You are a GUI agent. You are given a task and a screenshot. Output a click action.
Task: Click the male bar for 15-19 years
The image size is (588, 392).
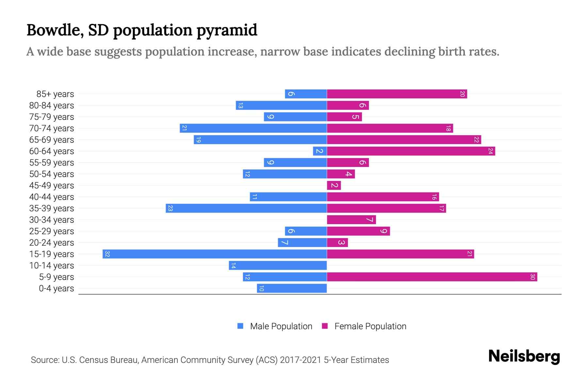coord(215,254)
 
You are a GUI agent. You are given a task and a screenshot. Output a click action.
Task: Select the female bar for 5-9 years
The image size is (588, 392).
coord(432,277)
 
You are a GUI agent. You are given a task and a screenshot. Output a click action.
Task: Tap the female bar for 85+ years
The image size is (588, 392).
coord(397,94)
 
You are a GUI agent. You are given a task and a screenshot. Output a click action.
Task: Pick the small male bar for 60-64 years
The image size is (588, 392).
coord(320,151)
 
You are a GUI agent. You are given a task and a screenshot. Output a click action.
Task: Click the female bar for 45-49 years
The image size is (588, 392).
coord(334,186)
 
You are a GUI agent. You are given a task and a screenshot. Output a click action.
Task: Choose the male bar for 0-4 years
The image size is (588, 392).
coord(292,288)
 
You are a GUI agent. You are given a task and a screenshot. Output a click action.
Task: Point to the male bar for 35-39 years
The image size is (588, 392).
coord(246,208)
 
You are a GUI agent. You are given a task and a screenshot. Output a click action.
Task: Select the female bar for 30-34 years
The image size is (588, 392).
coord(351,220)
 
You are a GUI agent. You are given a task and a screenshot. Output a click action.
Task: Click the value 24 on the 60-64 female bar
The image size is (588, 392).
coord(490,151)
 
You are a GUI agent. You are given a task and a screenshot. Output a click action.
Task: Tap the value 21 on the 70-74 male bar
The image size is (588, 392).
coord(184,128)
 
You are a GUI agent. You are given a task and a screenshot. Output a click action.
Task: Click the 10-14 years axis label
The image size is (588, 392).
coord(52,266)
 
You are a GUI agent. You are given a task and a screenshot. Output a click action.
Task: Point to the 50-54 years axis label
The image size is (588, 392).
coord(52,174)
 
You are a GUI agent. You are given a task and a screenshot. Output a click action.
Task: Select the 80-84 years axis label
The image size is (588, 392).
coord(52,106)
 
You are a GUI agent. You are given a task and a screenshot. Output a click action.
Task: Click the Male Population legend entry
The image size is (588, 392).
coord(281,326)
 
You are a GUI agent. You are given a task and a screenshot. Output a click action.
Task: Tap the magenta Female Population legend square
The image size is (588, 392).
coord(325,326)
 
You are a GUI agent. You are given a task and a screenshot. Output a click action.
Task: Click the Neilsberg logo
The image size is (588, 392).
coord(524,356)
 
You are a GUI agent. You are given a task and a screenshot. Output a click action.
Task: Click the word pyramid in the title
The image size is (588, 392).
coord(227,30)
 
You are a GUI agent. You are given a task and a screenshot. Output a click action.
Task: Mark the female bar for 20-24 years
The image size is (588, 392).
coord(337,243)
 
